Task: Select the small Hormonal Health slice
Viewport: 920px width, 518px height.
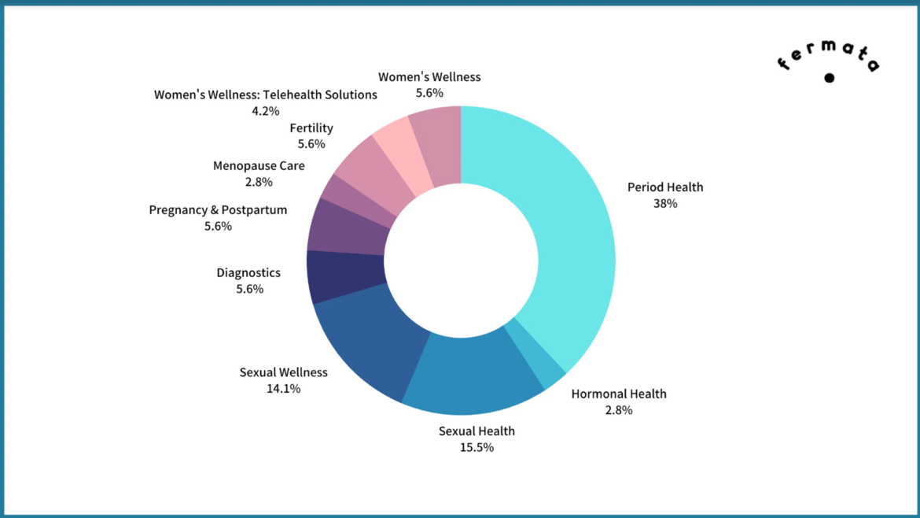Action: coord(534,353)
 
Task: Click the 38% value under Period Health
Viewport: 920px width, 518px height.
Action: coord(664,203)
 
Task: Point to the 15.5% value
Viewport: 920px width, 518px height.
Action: coord(477,447)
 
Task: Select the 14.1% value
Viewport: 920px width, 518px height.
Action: coord(283,388)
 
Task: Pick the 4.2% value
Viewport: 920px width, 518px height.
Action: coord(265,111)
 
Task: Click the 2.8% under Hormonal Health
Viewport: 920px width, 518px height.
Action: coord(618,410)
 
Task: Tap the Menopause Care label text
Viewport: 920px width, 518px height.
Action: coord(259,166)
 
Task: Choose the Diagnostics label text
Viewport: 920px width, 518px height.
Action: coord(248,273)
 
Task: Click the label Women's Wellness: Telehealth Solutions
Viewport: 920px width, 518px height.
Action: coord(265,94)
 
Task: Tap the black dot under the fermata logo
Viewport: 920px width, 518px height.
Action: coord(829,78)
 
